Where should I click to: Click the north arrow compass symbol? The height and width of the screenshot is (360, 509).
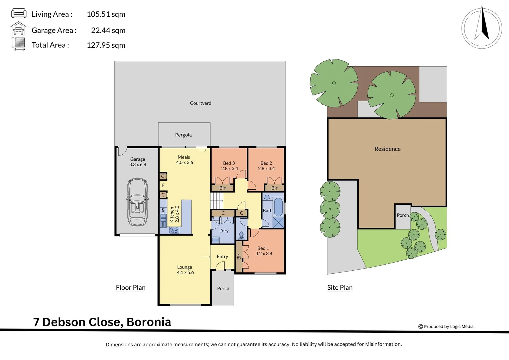tap(482, 27)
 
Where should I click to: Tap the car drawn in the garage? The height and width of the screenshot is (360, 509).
tap(137, 202)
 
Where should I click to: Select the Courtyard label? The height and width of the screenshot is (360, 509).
tap(200, 103)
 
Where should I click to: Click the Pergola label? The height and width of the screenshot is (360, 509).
tap(183, 135)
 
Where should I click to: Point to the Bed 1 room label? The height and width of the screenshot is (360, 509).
tap(263, 248)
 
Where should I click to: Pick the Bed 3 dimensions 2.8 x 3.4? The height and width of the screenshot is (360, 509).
tap(230, 169)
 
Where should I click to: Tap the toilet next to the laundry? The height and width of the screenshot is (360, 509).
tap(242, 235)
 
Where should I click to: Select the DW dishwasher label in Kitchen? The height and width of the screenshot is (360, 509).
tap(163, 211)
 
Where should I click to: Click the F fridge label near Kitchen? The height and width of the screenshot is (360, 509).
tap(163, 185)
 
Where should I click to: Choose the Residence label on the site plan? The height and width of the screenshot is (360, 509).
tap(387, 149)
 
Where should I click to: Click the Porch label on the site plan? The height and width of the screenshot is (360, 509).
tap(403, 215)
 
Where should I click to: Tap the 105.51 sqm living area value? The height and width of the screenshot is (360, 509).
tap(106, 14)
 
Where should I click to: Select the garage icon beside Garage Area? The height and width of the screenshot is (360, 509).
tap(18, 29)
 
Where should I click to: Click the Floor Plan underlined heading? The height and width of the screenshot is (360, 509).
tap(131, 288)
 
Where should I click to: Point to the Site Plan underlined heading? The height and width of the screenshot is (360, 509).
tap(340, 288)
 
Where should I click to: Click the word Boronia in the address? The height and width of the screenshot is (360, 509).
tap(149, 322)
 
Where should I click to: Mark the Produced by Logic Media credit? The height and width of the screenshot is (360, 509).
tap(446, 327)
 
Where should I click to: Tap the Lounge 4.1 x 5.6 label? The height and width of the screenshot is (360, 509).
tap(185, 270)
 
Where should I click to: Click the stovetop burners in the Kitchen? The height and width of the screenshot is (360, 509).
tap(174, 230)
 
